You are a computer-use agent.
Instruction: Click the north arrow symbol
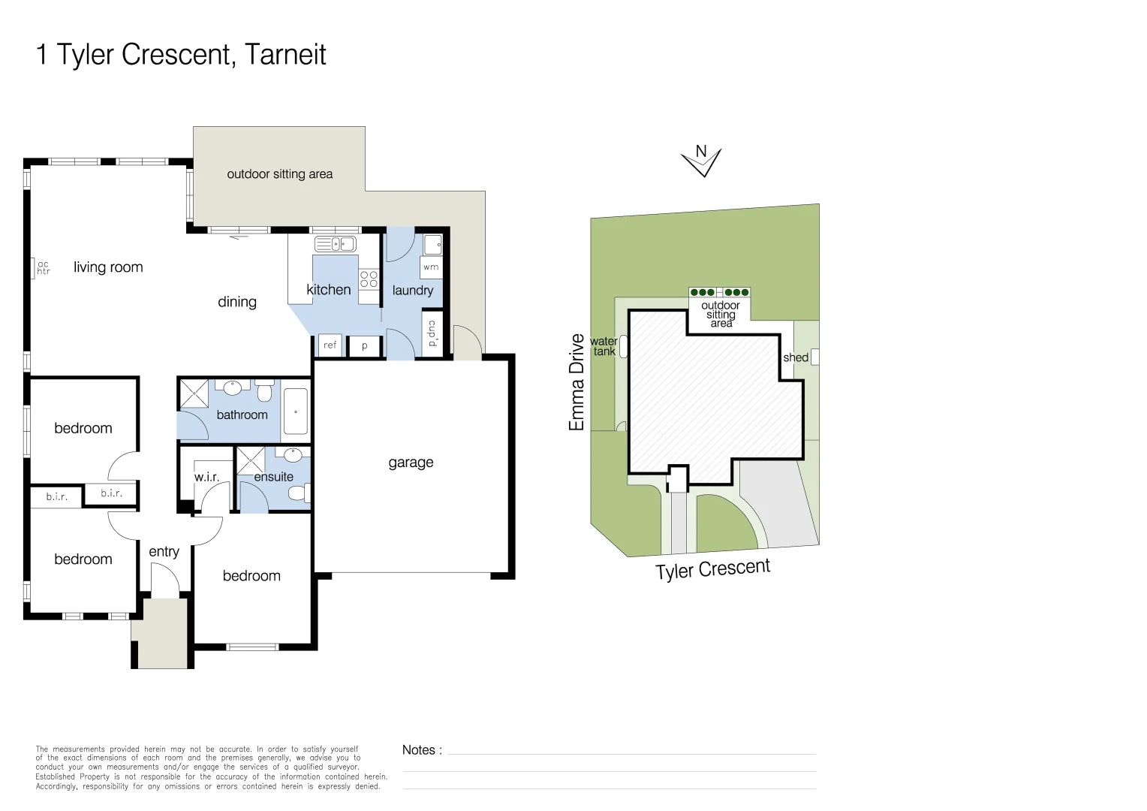(x=701, y=161)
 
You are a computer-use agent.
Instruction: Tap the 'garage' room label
(x=411, y=463)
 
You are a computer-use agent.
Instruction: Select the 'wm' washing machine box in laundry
(x=431, y=267)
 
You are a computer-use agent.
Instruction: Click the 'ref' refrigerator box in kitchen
(x=330, y=345)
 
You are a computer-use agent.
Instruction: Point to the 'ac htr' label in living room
(x=44, y=268)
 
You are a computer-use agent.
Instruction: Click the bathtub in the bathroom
(x=296, y=412)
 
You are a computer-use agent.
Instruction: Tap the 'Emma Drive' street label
(x=577, y=382)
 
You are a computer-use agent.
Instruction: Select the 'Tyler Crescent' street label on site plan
(x=712, y=569)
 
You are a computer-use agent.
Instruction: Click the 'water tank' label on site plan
(x=604, y=346)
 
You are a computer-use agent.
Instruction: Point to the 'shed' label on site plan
(x=795, y=357)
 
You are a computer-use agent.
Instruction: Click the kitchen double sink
(x=335, y=244)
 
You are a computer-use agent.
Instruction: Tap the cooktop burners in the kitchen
(x=369, y=279)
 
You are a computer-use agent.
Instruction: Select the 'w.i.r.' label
(x=206, y=477)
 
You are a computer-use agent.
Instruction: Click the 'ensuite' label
(x=273, y=477)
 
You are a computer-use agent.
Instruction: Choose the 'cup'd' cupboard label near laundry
(x=432, y=333)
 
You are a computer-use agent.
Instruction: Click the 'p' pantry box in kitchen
(x=365, y=346)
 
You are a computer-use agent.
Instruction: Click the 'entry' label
(x=164, y=552)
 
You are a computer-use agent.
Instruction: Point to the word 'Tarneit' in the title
(x=285, y=55)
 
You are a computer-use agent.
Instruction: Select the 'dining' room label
(x=237, y=302)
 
